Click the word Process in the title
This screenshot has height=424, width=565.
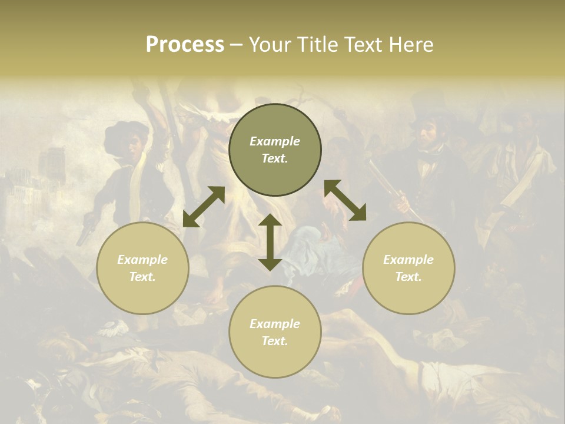pyautogui.click(x=185, y=45)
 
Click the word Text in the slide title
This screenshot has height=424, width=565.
pyautogui.click(x=365, y=45)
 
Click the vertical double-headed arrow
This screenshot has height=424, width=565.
pyautogui.click(x=270, y=242)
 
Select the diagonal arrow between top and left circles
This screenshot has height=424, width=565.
pyautogui.click(x=204, y=207)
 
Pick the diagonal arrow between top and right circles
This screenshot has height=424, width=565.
pyautogui.click(x=345, y=200)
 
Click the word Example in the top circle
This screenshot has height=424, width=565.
pyautogui.click(x=275, y=141)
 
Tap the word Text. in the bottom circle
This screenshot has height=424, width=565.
pyautogui.click(x=275, y=341)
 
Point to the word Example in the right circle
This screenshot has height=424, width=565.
pyautogui.click(x=408, y=260)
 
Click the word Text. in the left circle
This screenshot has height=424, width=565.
pyautogui.click(x=142, y=277)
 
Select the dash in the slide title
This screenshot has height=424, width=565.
pyautogui.click(x=236, y=45)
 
